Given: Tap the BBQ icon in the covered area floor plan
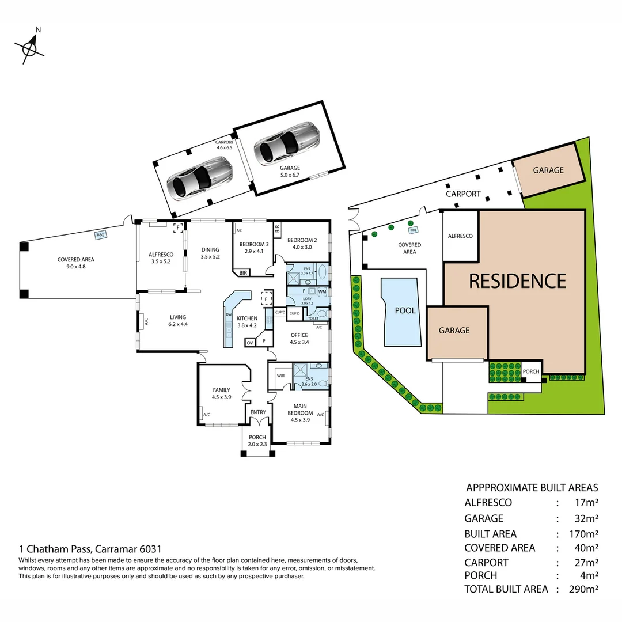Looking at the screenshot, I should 101,235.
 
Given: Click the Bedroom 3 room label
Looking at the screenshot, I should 255,247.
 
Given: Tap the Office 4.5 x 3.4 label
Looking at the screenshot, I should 299,339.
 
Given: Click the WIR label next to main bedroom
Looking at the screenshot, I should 280,375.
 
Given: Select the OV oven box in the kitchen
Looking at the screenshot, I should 250,343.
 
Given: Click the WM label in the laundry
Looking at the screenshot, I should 322,292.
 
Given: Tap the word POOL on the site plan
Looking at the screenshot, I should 405,310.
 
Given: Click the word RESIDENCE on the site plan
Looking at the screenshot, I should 517,281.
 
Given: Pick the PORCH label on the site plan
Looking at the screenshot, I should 531,371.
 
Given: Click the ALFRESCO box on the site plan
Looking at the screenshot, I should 460,236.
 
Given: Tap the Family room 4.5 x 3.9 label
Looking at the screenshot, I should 221,393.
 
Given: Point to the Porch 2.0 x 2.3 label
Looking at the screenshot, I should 257,441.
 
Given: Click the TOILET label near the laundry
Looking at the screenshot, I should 313,318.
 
